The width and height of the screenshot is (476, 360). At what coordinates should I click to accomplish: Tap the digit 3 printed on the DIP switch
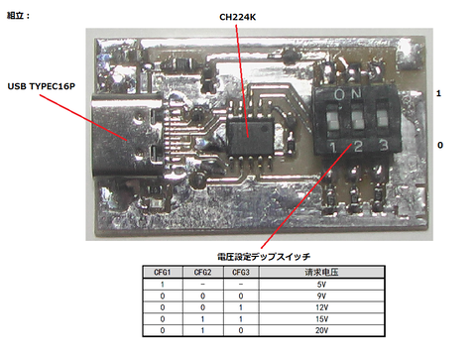(384, 146)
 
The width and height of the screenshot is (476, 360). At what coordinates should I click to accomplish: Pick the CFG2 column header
(201, 272)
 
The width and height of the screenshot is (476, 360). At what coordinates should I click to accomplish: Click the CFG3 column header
(240, 272)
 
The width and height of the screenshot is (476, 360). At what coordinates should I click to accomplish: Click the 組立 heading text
(19, 15)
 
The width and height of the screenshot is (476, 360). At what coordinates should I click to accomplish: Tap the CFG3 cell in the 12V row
(240, 307)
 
